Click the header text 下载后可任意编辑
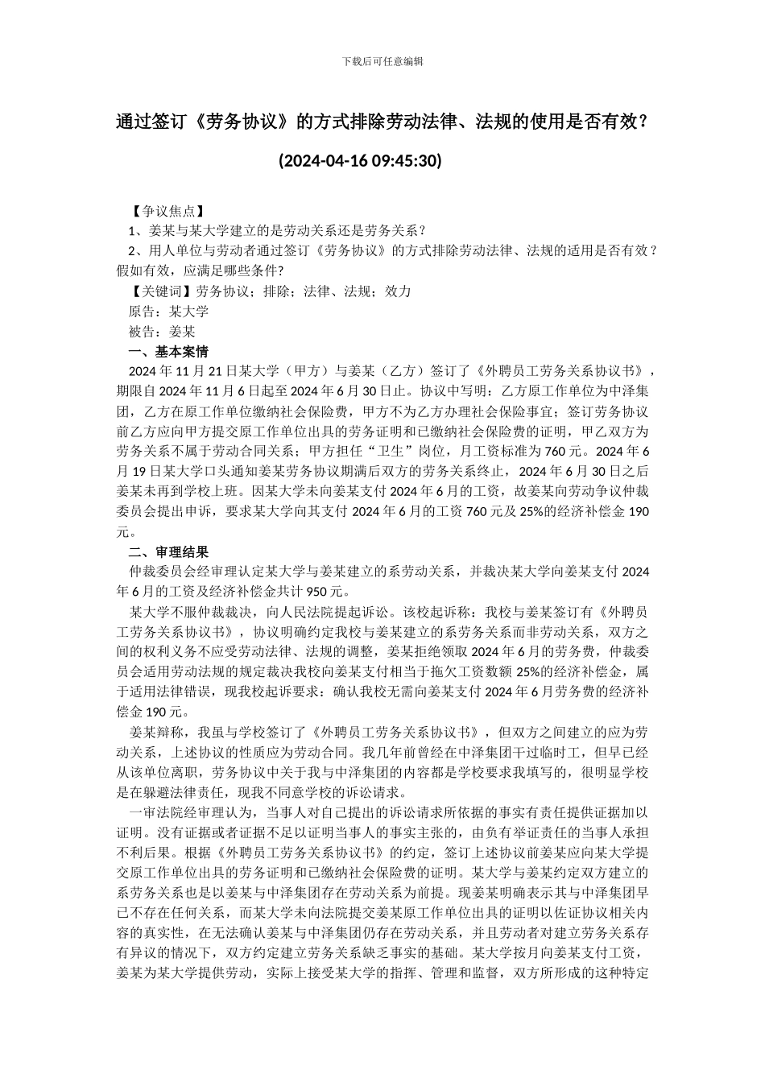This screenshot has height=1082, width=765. pyautogui.click(x=382, y=61)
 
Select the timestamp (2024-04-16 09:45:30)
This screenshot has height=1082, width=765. pyautogui.click(x=360, y=161)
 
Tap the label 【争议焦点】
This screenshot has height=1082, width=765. pyautogui.click(x=163, y=212)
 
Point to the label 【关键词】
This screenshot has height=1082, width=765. pyautogui.click(x=163, y=291)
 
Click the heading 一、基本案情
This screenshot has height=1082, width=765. pyautogui.click(x=169, y=352)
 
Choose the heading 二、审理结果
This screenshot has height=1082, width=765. pyautogui.click(x=169, y=552)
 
